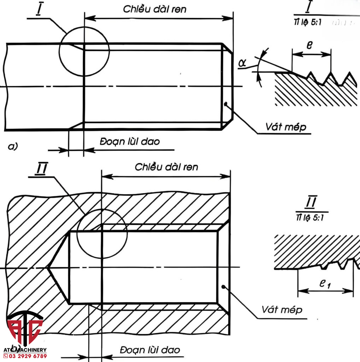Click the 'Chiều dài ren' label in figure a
(x=154, y=9)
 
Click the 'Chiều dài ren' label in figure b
(x=166, y=167)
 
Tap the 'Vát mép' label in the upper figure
(x=286, y=127)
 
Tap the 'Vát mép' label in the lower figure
(x=282, y=310)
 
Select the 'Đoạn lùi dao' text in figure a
(x=130, y=142)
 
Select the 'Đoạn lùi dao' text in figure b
(x=149, y=350)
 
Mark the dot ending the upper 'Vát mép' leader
(x=225, y=104)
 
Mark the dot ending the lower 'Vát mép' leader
(x=223, y=286)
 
